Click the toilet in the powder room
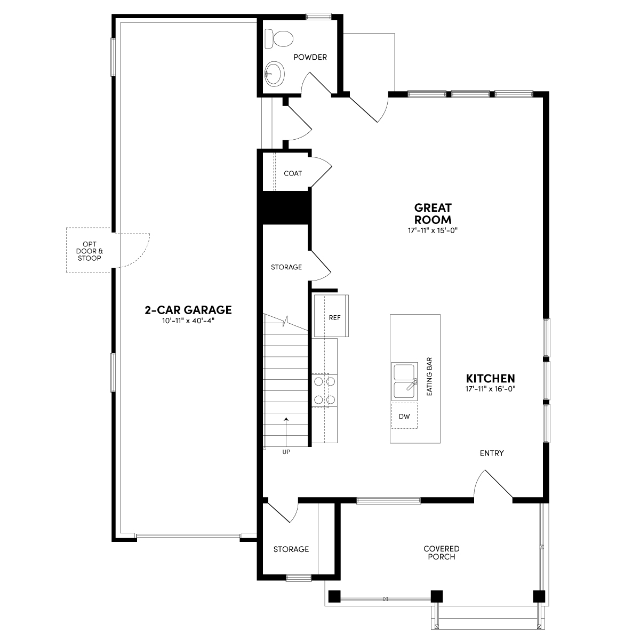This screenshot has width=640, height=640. pos(282,38)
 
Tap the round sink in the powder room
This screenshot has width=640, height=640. pos(275,73)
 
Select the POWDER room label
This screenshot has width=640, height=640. pos(310,57)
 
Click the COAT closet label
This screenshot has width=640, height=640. pos(293,173)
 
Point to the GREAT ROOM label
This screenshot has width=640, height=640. pos(433,213)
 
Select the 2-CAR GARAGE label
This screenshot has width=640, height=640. pos(188,310)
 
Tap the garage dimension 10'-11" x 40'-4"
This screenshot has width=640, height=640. pos(188,321)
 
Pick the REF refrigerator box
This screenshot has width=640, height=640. pos(334,317)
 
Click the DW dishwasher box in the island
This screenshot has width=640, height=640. pos(404,416)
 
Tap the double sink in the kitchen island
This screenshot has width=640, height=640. pos(404,381)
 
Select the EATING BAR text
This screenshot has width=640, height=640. pos(429,376)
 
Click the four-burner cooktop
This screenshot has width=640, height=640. pos(324,390)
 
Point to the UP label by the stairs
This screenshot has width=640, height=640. pos(286,452)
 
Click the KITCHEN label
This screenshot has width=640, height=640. pos(492,378)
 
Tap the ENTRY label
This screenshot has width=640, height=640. pos(492,453)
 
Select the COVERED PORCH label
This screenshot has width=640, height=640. pos(441,553)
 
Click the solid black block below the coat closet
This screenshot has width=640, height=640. pos(284,207)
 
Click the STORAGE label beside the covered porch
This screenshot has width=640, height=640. pos(291,549)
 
